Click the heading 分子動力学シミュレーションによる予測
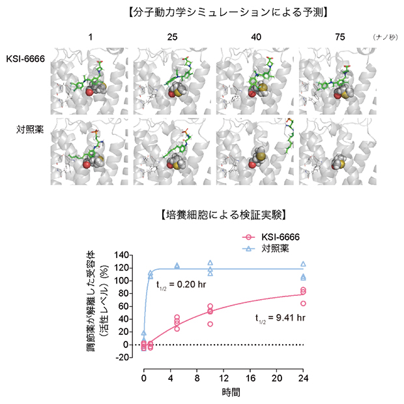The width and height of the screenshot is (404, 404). tap(201, 11)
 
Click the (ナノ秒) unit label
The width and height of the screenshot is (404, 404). tap(384, 37)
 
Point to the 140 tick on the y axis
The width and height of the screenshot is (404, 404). tap(129, 255)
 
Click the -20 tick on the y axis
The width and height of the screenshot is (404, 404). tap(130, 357)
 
